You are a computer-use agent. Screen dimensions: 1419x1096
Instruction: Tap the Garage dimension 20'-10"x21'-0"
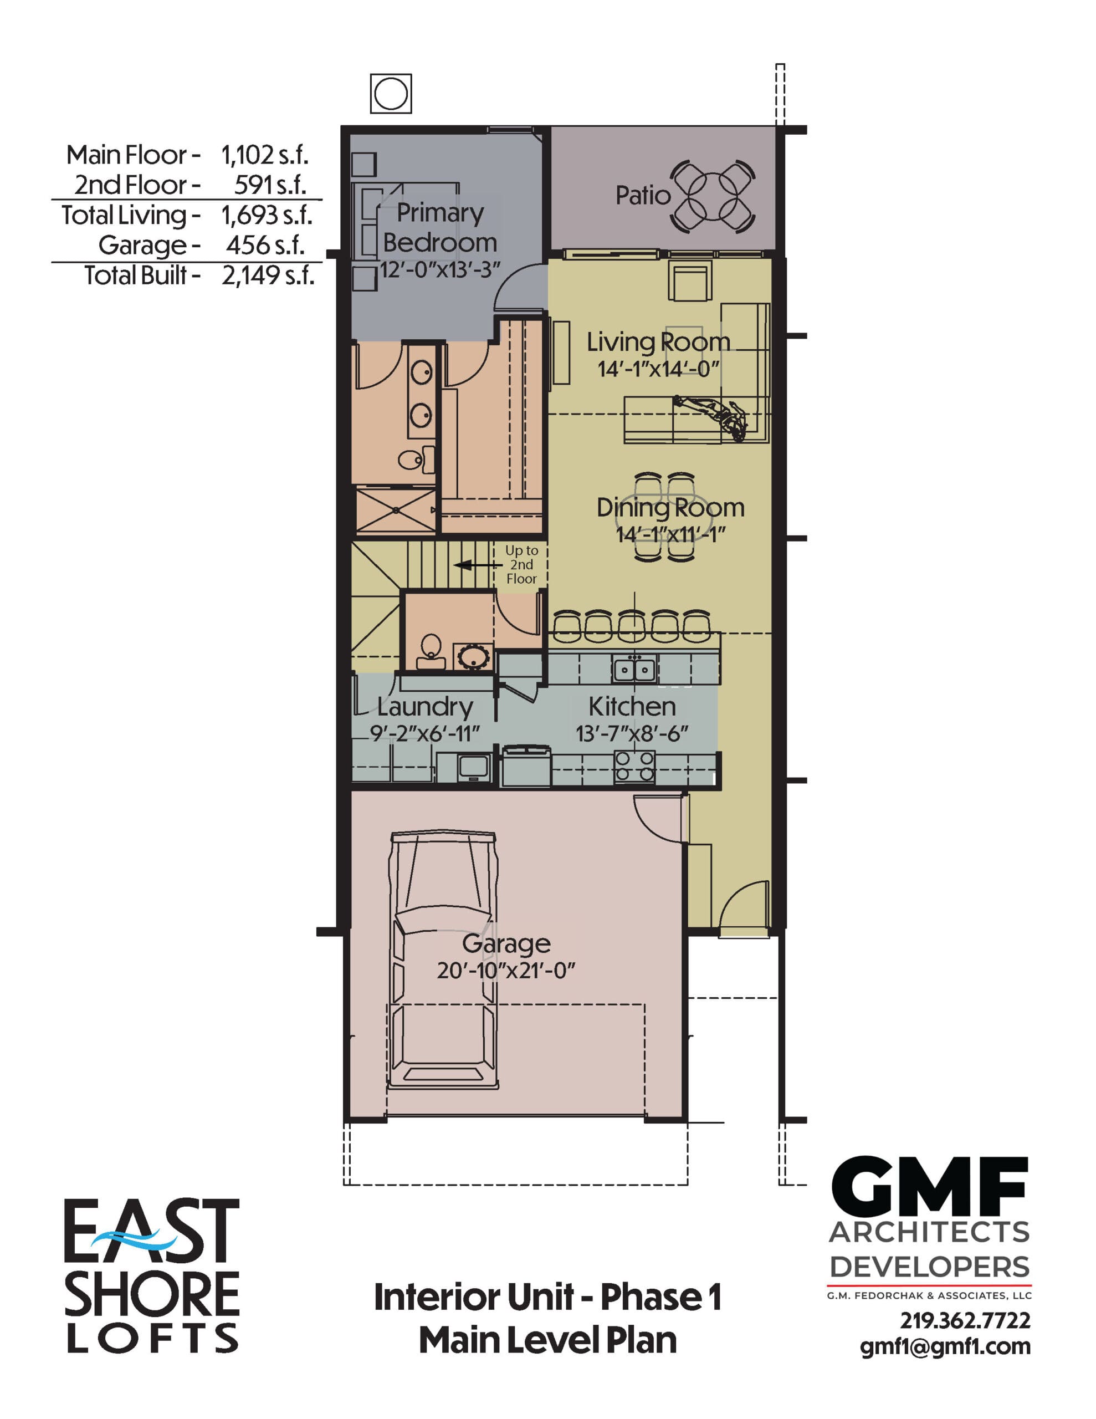505,971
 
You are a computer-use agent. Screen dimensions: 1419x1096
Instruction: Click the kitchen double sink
633,668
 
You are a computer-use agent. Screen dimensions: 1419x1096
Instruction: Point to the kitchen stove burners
634,765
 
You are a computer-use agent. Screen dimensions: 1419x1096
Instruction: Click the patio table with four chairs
713,196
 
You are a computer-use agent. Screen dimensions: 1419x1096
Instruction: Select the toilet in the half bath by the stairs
431,650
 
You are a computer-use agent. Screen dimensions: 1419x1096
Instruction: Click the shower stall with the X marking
396,510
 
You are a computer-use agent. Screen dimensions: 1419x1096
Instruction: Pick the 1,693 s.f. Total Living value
267,215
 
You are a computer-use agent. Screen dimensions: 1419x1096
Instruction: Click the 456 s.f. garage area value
265,245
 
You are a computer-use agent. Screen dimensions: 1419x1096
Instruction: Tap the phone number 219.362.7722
964,1321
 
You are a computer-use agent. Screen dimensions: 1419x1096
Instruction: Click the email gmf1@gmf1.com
945,1346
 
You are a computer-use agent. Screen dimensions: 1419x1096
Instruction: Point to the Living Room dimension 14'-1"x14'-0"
658,369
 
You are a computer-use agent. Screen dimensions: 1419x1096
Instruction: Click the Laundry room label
424,706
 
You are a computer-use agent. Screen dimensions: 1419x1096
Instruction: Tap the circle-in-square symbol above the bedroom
391,94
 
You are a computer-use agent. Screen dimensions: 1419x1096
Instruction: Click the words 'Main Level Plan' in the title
547,1340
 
